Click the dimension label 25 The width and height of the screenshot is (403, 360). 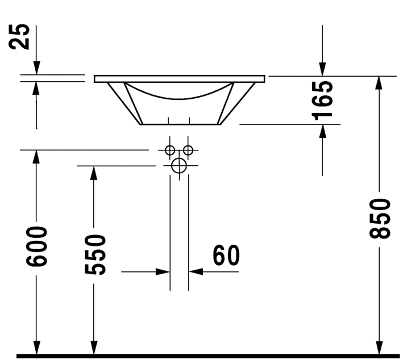(x=19, y=36)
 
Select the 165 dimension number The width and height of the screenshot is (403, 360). (x=322, y=101)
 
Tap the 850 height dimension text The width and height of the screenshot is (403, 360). (x=380, y=218)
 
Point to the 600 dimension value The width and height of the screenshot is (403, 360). (x=36, y=246)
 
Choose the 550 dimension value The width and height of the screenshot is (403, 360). (x=95, y=254)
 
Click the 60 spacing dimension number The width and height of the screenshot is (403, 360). (x=226, y=255)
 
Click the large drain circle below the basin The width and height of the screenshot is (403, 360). (x=179, y=166)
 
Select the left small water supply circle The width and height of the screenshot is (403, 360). (x=170, y=150)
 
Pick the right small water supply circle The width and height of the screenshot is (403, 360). (x=188, y=150)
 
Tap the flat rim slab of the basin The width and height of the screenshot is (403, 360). (x=180, y=79)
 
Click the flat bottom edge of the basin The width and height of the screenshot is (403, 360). (x=180, y=124)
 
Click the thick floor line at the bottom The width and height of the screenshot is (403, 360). (x=208, y=356)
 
